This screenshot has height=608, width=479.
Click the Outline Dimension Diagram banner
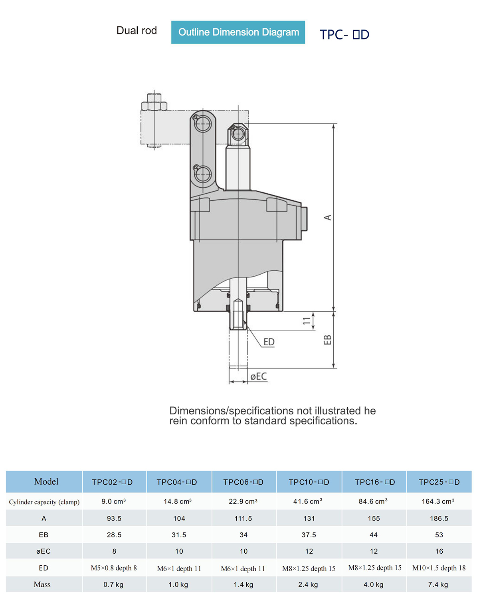coord(238,32)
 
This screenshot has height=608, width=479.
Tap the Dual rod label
coord(137,30)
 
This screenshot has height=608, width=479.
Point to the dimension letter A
coord(328,217)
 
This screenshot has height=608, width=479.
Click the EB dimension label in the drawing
coord(327,340)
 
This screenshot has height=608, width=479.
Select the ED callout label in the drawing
coord(269,342)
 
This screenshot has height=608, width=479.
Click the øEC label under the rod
coord(259,376)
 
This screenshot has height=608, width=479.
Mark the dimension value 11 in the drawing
coord(307,321)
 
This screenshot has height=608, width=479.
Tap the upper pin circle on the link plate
coord(203,124)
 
